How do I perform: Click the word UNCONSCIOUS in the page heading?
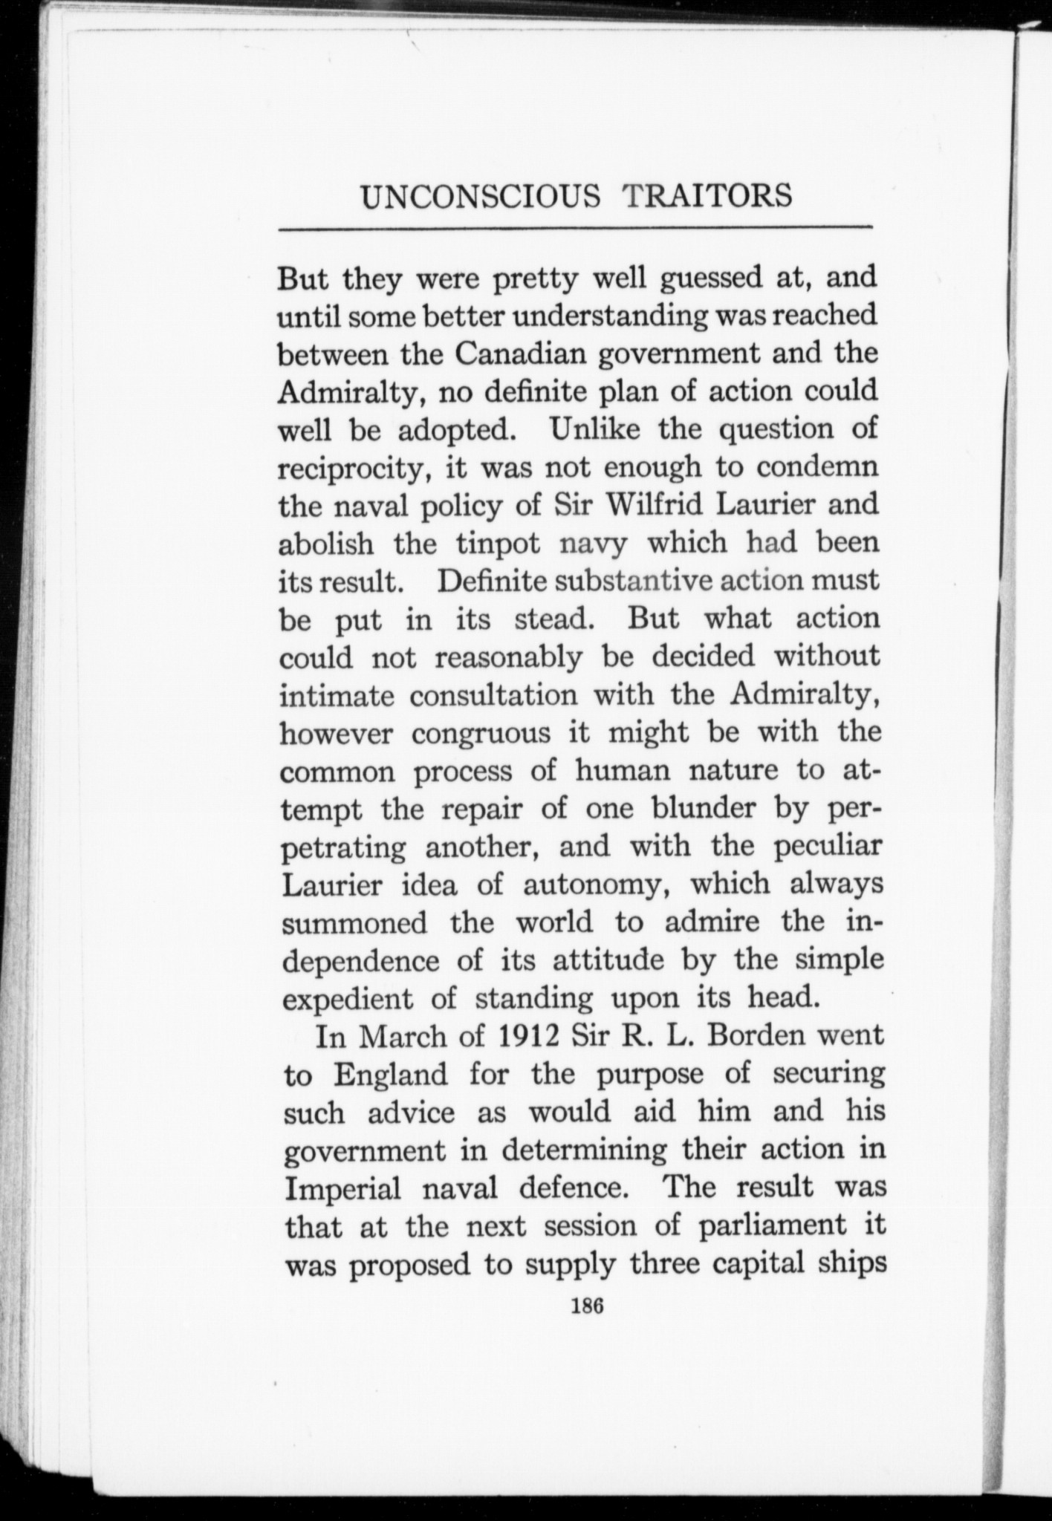coord(480,197)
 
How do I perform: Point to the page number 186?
coord(586,1306)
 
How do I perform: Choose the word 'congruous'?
coord(481,733)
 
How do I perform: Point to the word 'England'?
coord(390,1075)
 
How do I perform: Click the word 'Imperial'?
coord(342,1188)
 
